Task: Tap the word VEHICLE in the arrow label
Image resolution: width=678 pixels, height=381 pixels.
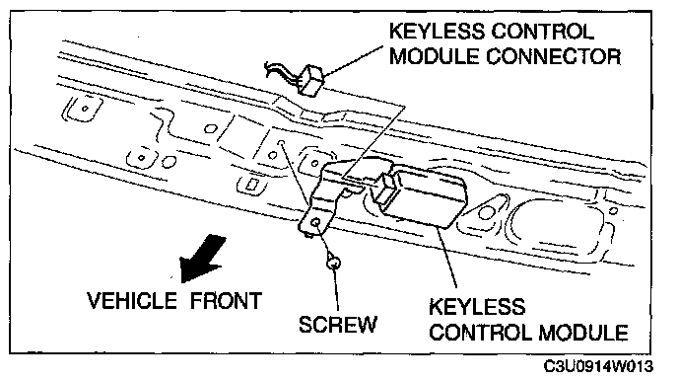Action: (132, 300)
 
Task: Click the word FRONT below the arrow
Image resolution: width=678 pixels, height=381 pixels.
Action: (226, 300)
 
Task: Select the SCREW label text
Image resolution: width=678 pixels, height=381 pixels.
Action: (338, 325)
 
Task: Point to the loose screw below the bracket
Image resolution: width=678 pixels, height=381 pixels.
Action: (333, 262)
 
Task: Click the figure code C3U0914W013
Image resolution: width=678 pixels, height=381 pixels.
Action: (598, 366)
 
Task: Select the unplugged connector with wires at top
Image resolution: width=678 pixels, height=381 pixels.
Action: (310, 80)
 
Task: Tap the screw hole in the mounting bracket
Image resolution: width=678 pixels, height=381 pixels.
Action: (316, 222)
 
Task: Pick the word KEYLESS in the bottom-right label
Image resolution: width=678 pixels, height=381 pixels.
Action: (477, 307)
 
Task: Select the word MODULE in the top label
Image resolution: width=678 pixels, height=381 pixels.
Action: (435, 56)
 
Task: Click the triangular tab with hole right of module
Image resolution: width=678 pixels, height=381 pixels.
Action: (488, 210)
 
